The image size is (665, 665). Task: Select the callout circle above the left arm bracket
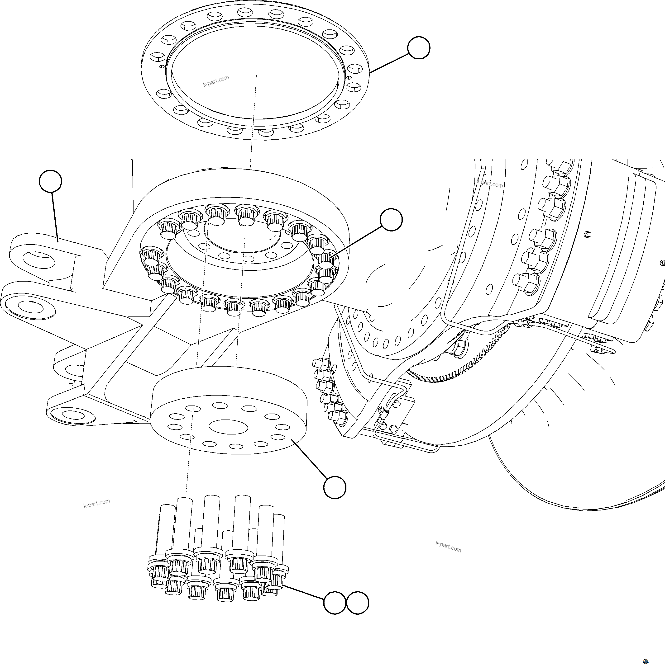point(51,181)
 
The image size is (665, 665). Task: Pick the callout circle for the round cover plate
point(335,487)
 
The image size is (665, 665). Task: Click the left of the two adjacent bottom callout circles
point(334,603)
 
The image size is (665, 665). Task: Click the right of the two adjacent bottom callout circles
point(358,603)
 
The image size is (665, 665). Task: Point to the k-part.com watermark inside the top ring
point(216,81)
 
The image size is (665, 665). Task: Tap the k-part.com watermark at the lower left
point(97,503)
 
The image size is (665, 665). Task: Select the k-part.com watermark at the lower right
point(448,546)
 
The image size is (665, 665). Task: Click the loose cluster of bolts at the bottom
point(217,551)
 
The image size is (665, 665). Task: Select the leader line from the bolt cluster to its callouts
point(303,592)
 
